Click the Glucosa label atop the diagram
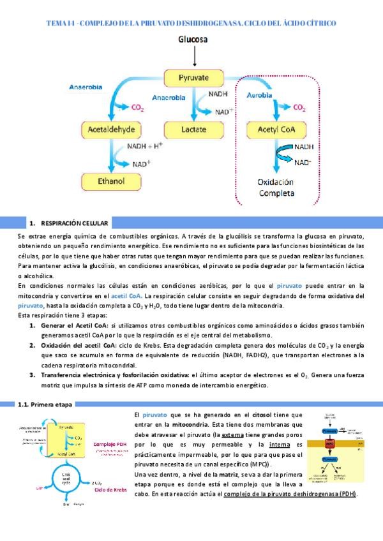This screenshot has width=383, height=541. (191, 41)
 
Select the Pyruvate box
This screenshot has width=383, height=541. (191, 78)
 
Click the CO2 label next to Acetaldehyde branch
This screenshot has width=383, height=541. (138, 108)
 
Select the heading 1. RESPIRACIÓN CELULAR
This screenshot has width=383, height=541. (70, 223)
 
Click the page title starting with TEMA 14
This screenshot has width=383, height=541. (191, 23)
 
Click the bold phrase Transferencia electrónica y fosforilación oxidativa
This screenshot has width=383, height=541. (115, 374)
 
